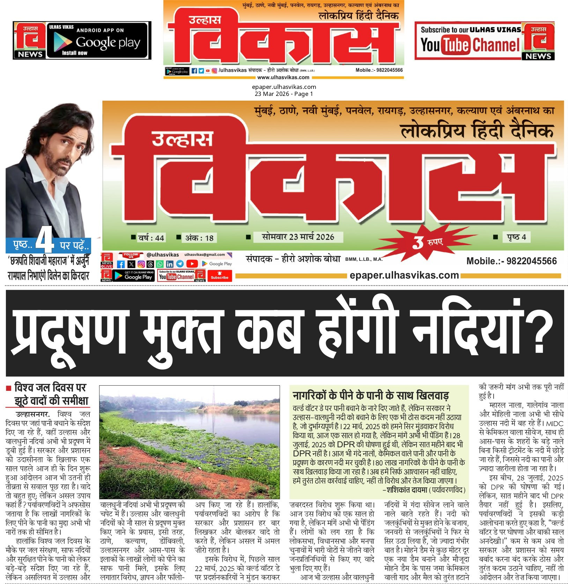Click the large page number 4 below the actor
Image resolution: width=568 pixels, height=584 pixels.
pos(45,240)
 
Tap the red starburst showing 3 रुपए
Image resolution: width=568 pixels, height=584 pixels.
pos(424,241)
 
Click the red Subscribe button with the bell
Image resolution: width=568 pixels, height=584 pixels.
pos(219,275)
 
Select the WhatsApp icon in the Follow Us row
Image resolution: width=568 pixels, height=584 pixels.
pos(160,264)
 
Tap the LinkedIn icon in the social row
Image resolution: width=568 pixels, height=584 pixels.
pos(170,264)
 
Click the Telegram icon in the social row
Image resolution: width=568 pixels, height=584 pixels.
pos(180,264)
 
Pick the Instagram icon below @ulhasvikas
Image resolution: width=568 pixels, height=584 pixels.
pos(141,264)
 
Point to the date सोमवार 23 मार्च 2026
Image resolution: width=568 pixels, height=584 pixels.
pos(298,237)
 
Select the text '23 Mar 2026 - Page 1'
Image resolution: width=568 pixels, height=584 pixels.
pos(283,94)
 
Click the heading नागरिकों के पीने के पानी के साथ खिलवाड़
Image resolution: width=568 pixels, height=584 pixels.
pos(370,395)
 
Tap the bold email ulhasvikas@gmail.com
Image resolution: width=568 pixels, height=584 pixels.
pos(205,255)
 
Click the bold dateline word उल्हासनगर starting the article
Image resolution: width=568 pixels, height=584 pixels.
pos(32,414)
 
